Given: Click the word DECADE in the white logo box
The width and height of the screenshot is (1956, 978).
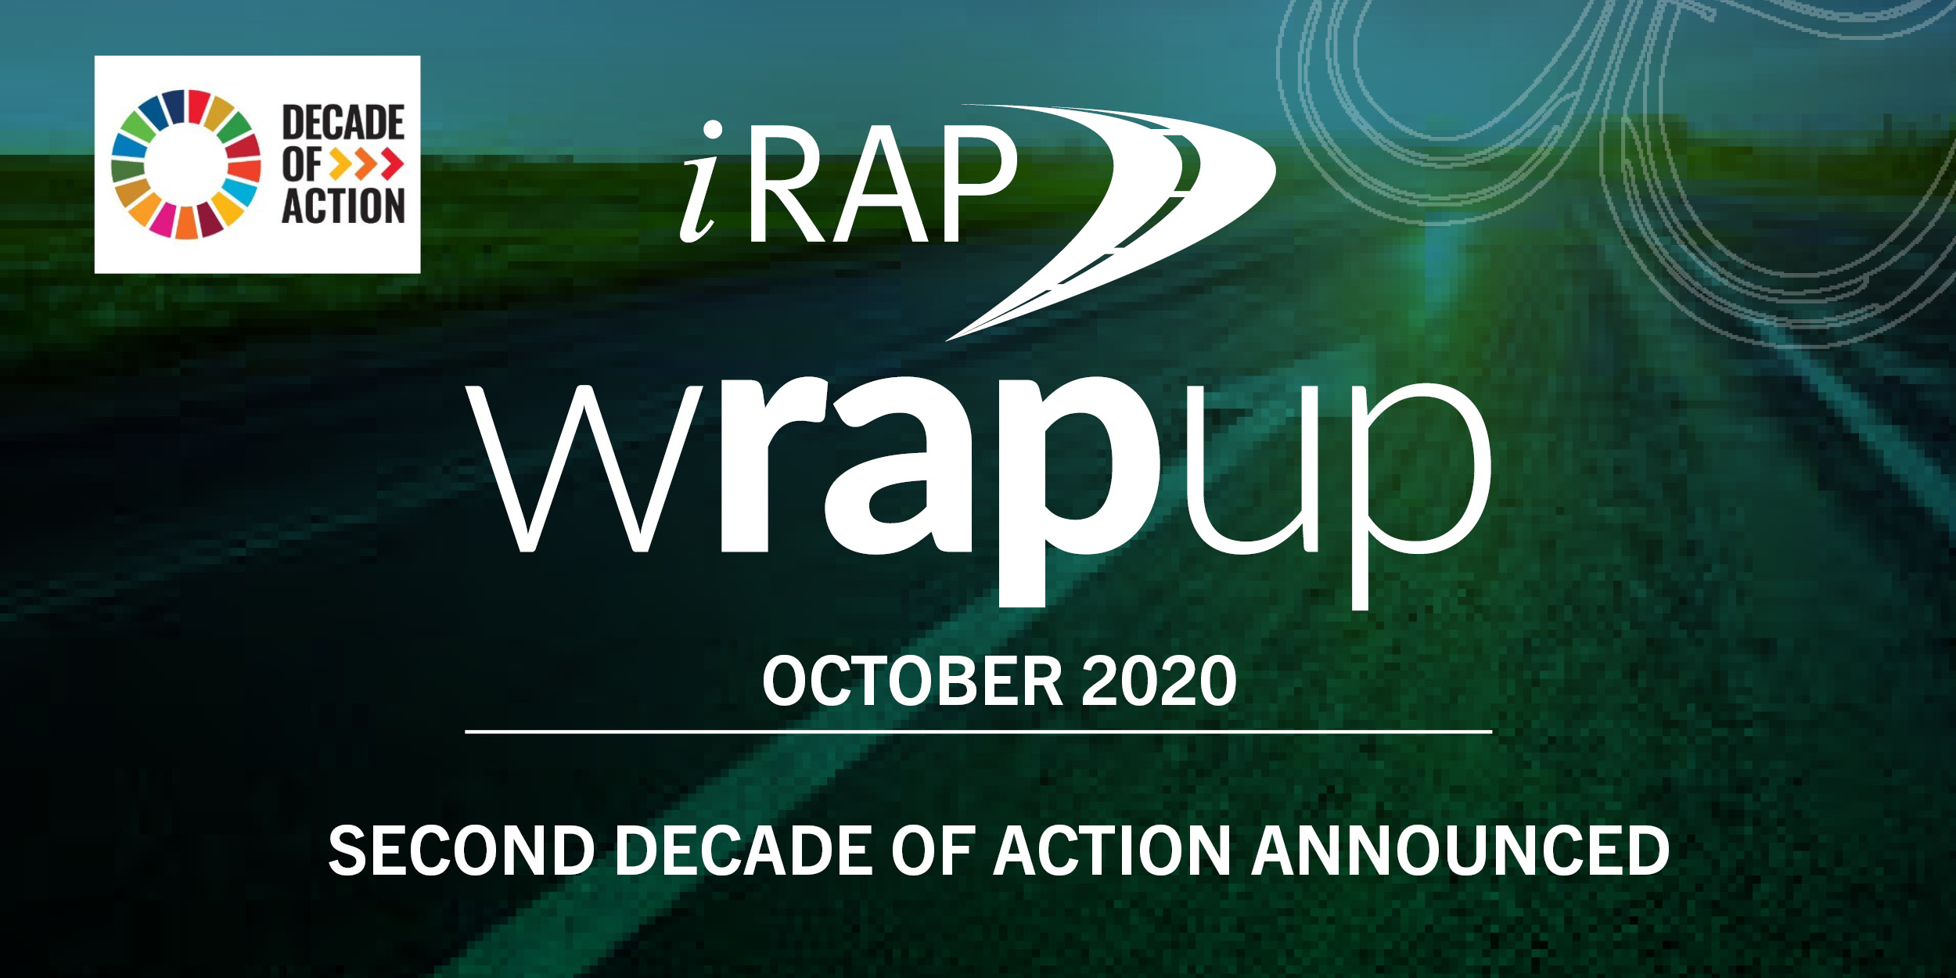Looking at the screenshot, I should (x=343, y=122).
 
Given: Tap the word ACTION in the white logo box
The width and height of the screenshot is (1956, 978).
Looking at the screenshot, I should (x=343, y=206).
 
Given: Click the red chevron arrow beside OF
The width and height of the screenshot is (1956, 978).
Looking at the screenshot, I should (x=390, y=164).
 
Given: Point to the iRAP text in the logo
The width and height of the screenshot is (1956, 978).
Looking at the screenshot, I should (x=849, y=184).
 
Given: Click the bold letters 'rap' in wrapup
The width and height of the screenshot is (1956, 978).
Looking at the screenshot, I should (x=939, y=469).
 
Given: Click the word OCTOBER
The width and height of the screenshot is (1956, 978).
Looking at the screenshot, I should (x=911, y=681).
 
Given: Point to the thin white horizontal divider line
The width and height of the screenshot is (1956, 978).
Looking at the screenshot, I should (x=978, y=732).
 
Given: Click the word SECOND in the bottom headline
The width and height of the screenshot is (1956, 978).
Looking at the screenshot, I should (x=462, y=851).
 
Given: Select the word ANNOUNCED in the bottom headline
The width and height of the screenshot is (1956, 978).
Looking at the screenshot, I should (x=1460, y=851).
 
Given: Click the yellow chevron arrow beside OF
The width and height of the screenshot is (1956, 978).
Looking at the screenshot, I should (x=342, y=164).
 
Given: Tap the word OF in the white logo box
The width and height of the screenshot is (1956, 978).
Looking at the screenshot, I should (x=302, y=164).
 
